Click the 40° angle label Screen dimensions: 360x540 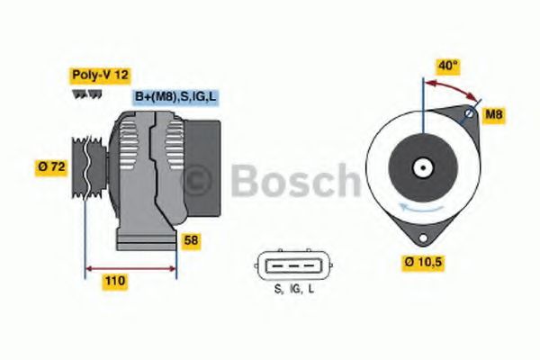(x=449, y=65)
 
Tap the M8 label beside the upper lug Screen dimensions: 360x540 (x=494, y=114)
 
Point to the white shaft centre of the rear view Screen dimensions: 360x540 (x=422, y=167)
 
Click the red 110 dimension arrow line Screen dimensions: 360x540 (x=130, y=267)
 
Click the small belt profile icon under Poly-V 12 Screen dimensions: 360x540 (x=79, y=94)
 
